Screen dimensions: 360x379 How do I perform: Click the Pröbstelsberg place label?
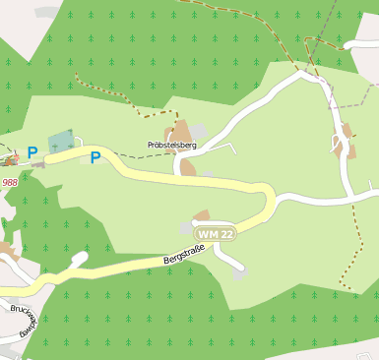coord(171,145)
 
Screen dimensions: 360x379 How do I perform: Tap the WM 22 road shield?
coord(215,234)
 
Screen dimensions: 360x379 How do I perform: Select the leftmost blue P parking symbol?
coord(32,153)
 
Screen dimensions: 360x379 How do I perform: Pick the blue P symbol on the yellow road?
coord(95,157)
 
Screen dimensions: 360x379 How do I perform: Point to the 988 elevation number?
coord(10,182)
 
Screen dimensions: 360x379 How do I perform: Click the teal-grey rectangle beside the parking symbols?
coord(61,141)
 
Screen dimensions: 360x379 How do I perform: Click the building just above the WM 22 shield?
coord(202,216)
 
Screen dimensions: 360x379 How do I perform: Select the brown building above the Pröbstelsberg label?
coord(180,132)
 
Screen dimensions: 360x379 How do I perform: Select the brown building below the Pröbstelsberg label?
coord(187,168)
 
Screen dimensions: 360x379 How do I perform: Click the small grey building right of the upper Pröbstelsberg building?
coord(200,131)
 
